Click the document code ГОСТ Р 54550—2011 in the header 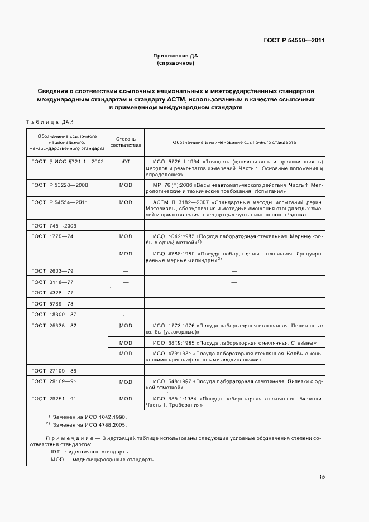(x=294, y=41)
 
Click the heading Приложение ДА (x=175, y=56)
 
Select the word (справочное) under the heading (x=175, y=64)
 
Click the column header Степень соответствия (x=126, y=142)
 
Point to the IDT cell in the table (x=126, y=161)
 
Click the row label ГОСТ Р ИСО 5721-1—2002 (x=68, y=161)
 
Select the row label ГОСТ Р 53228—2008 (x=60, y=184)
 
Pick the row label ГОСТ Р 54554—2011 (x=60, y=202)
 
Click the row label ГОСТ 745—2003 (x=54, y=225)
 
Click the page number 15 (x=322, y=476)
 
